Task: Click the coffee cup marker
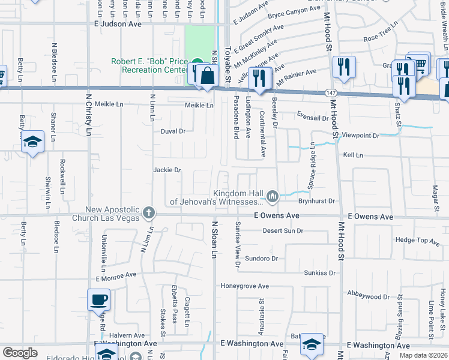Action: [x=98, y=299]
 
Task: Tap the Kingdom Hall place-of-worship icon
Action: [x=273, y=196]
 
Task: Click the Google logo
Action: [x=20, y=353]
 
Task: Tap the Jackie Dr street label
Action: [x=167, y=170]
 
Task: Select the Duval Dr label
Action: [x=173, y=131]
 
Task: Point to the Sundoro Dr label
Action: [x=263, y=259]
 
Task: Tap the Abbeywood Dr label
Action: [x=369, y=295]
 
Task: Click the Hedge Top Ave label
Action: [x=418, y=241]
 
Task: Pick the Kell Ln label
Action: [x=353, y=155]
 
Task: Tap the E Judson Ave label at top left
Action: [x=118, y=25]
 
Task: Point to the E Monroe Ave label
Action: [x=116, y=277]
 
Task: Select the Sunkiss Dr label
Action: [x=318, y=273]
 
